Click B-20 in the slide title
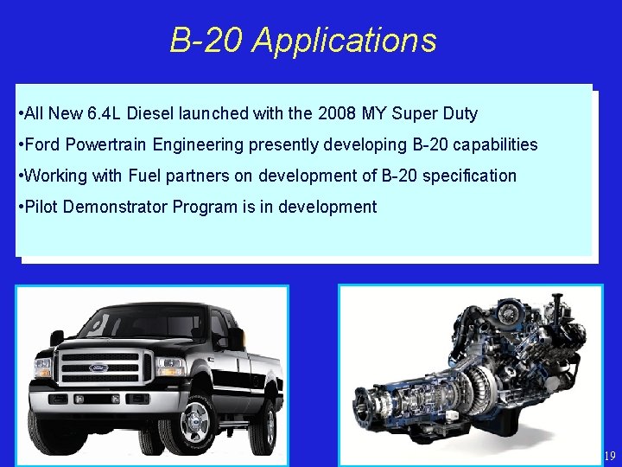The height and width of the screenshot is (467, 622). point(206,41)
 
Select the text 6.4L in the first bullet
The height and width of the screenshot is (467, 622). point(105,113)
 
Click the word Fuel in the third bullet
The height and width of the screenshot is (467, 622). point(144,176)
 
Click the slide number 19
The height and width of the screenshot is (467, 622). point(609,456)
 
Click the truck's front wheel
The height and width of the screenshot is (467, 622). point(194,421)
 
